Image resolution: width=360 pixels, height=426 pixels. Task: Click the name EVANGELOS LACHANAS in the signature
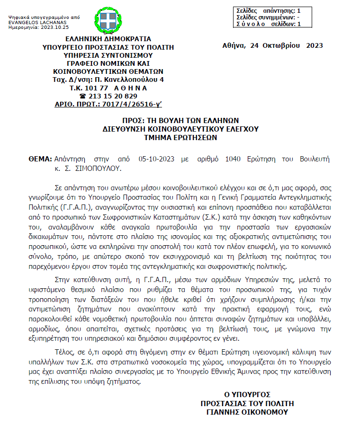coord(31,22)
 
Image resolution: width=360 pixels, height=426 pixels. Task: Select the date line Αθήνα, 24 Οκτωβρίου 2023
coord(272,46)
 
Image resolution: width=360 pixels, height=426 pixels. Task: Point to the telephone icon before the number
coord(83,96)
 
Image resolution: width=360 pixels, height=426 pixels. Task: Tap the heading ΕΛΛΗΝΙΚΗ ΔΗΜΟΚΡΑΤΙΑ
coord(108,38)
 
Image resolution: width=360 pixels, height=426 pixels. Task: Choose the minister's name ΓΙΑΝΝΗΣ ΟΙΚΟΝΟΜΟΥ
coord(247,412)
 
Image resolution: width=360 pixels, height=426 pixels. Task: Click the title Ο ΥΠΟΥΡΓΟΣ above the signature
coord(247,395)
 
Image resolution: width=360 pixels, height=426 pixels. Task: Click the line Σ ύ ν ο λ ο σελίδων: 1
coord(268,24)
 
